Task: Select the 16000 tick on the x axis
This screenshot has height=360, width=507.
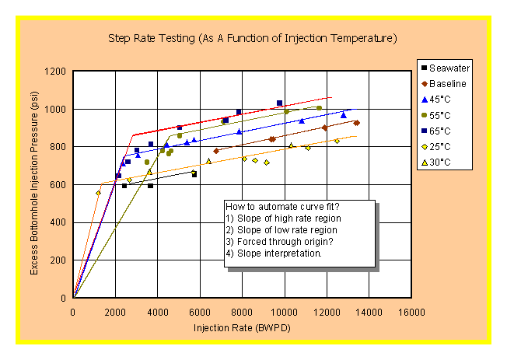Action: pos(411,312)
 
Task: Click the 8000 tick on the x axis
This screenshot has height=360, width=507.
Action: pos(242,312)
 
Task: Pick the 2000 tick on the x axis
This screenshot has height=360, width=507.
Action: pos(115,312)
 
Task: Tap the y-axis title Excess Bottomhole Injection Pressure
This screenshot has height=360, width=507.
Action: pos(34,184)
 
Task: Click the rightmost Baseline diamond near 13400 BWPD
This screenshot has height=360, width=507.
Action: pos(356,123)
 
